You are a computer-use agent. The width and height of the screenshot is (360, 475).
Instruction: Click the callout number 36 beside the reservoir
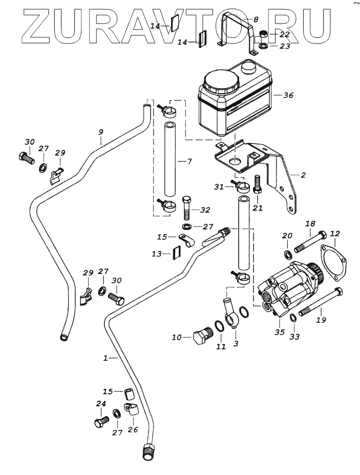coord(288,95)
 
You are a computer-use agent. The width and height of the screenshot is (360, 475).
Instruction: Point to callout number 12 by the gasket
coord(334,234)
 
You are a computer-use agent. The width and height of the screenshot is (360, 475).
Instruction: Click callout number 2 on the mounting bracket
coord(303,175)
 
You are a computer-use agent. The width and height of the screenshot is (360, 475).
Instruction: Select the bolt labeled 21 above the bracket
coord(258,184)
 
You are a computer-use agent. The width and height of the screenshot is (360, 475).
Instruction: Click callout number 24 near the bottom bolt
coord(101,404)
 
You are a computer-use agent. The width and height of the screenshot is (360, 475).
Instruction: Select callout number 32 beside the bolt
coord(205,210)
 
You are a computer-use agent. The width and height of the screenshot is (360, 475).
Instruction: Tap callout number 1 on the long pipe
coord(106,358)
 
